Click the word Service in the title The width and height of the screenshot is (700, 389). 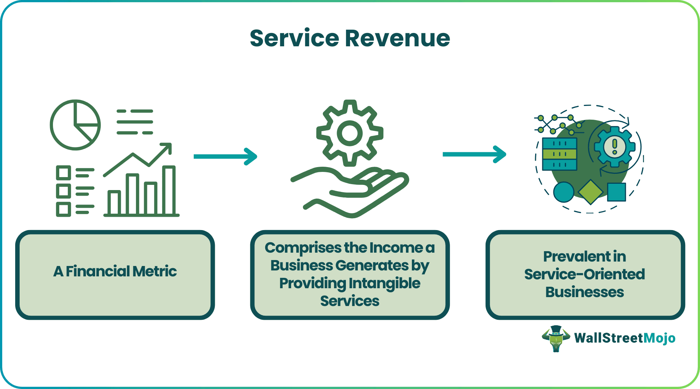click(294, 38)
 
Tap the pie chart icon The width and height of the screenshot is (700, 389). click(76, 125)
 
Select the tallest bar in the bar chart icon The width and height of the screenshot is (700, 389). click(169, 191)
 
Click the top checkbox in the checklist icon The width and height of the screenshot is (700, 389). click(63, 173)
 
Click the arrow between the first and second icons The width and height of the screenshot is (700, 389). click(225, 156)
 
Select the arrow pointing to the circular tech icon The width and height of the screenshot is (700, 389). click(474, 154)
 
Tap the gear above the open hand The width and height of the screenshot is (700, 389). click(350, 133)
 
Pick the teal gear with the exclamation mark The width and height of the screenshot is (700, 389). click(614, 147)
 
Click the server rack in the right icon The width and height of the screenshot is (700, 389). click(559, 154)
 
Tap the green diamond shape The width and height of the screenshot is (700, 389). click(590, 192)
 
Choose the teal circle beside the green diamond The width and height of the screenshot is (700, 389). click(563, 192)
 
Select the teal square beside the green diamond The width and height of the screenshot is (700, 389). click(617, 192)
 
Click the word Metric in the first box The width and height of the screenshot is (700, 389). click(154, 272)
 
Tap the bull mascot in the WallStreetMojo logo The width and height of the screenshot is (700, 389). click(556, 338)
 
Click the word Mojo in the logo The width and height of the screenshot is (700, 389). click(660, 338)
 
